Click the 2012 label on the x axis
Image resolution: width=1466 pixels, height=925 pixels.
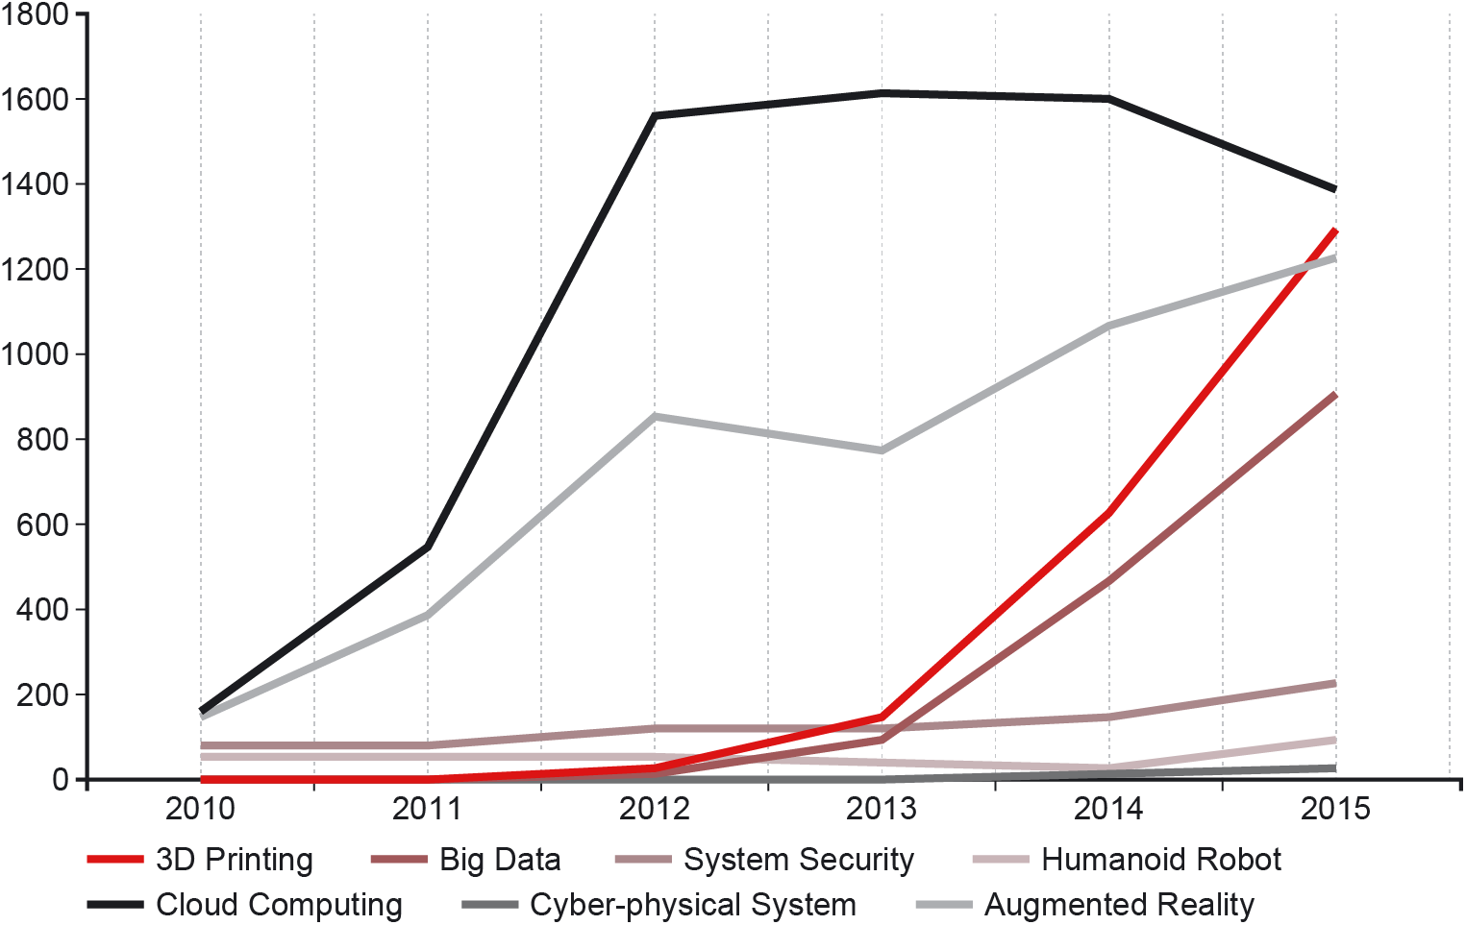tap(655, 809)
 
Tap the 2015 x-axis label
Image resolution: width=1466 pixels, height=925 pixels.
tap(1335, 809)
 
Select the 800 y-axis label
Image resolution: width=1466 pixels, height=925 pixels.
tap(42, 439)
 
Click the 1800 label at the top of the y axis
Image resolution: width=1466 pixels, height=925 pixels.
tap(35, 14)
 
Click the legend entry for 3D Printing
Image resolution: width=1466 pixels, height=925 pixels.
tap(200, 860)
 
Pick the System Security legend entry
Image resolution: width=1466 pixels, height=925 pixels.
tap(765, 860)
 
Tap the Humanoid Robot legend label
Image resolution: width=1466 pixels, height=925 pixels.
tap(1127, 860)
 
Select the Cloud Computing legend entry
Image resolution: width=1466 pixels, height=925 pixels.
tap(245, 906)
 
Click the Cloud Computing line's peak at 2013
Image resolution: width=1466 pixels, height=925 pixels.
tap(882, 93)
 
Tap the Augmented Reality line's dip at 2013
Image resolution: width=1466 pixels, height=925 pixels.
tap(882, 450)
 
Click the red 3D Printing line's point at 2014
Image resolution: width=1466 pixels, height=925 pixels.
tap(1108, 513)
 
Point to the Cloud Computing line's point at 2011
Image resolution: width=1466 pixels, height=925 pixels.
tap(428, 547)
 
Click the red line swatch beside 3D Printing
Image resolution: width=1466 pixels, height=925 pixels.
tap(115, 859)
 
